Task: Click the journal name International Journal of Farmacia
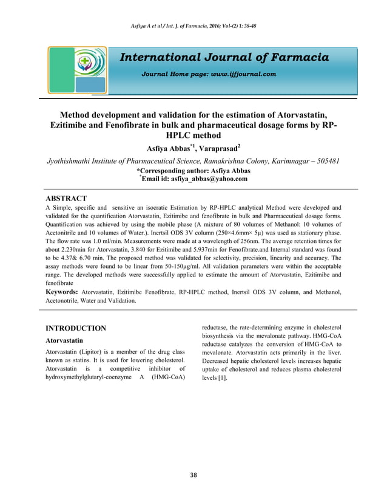(x=224, y=58)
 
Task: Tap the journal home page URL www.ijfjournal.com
(x=243, y=74)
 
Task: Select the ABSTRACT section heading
(x=67, y=199)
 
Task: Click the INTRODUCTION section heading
(x=76, y=328)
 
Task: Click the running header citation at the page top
(x=193, y=26)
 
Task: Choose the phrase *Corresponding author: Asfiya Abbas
(x=193, y=171)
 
